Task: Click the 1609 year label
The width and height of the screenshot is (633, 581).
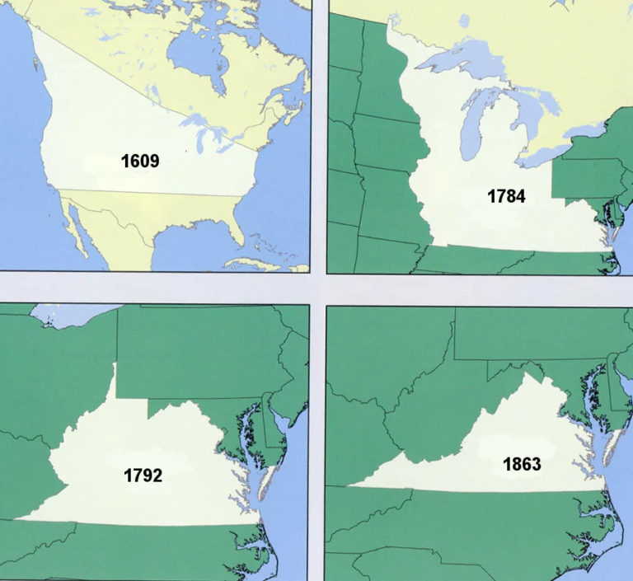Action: [140, 161]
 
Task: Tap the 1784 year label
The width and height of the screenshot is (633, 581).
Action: [506, 196]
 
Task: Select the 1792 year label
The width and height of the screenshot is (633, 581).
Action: [143, 475]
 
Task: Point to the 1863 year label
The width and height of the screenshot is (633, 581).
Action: [522, 464]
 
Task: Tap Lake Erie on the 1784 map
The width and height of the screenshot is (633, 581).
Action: [543, 153]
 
